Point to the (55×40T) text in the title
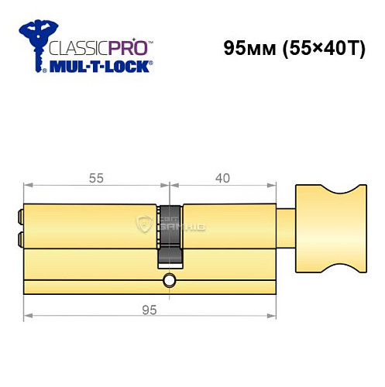[324, 46]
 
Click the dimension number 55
[96, 178]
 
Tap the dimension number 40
[222, 178]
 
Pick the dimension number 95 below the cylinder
[150, 310]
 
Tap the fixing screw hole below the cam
[170, 279]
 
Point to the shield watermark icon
[144, 226]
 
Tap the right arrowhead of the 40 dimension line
[273, 186]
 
